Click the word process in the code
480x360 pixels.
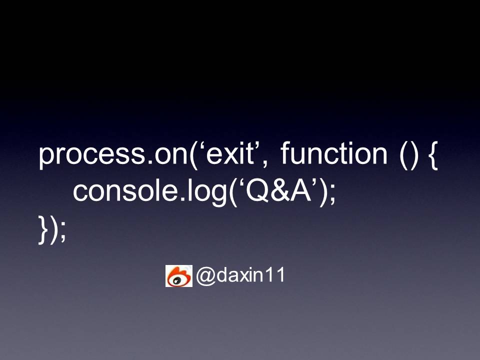[92, 155]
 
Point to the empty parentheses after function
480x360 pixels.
[408, 155]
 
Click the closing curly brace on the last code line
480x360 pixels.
[43, 229]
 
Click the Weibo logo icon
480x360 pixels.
[179, 276]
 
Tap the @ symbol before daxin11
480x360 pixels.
[206, 275]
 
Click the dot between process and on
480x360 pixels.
[150, 161]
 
